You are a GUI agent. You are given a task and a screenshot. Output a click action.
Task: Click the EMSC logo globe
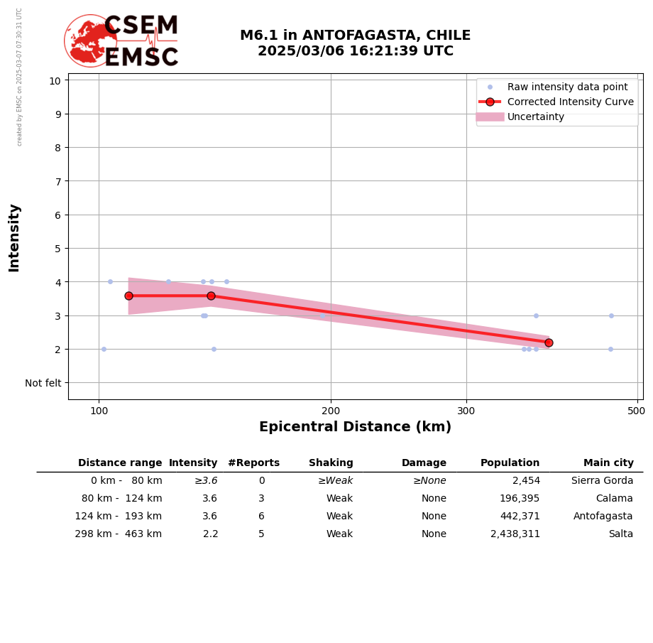pos(90,40)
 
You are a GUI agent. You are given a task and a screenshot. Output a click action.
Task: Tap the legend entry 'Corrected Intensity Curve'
pos(570,102)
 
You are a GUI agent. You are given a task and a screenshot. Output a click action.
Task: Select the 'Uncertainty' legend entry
pos(535,117)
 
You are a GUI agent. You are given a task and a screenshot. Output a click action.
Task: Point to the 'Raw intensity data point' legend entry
pos(566,87)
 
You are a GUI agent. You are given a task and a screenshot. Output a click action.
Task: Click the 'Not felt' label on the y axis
pos(43,383)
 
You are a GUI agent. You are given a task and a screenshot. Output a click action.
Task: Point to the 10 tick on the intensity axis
pos(55,80)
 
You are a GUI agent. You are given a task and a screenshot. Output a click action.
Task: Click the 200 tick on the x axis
pos(331,411)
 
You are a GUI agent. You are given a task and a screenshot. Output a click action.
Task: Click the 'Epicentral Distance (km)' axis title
pos(355,427)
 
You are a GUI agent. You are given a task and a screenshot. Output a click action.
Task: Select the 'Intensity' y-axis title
pos(14,237)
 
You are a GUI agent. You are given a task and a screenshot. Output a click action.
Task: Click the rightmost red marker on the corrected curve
pos(549,342)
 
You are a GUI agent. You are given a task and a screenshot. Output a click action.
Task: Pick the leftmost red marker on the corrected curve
pos(128,296)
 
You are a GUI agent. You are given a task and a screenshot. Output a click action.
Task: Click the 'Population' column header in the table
pos(510,463)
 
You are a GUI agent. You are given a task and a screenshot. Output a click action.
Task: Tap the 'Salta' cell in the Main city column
pos(618,534)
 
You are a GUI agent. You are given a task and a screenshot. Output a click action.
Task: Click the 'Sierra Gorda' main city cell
pos(602,481)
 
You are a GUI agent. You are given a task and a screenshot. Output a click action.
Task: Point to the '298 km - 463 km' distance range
pos(119,534)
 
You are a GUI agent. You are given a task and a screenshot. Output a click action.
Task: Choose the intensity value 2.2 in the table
pos(210,534)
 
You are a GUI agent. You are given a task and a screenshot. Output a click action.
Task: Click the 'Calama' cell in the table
pos(614,499)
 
